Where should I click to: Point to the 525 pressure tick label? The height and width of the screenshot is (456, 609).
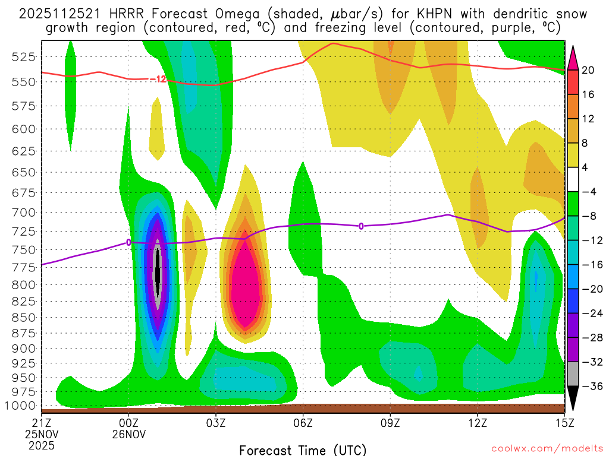tap(23, 56)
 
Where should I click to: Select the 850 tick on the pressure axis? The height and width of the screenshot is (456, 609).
tap(23, 316)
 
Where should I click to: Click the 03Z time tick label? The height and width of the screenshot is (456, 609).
tap(216, 423)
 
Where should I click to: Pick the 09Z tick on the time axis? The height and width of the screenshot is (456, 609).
tap(390, 423)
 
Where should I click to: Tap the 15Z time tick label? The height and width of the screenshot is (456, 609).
tap(564, 423)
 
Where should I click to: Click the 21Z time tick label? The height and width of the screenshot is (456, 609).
tap(42, 423)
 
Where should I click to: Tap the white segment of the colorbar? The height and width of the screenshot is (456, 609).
tap(573, 179)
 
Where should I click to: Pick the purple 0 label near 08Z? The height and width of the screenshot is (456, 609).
tap(361, 226)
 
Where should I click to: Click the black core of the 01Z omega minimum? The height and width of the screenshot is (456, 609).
tap(158, 273)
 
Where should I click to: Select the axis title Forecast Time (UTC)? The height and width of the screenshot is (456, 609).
tap(303, 449)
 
